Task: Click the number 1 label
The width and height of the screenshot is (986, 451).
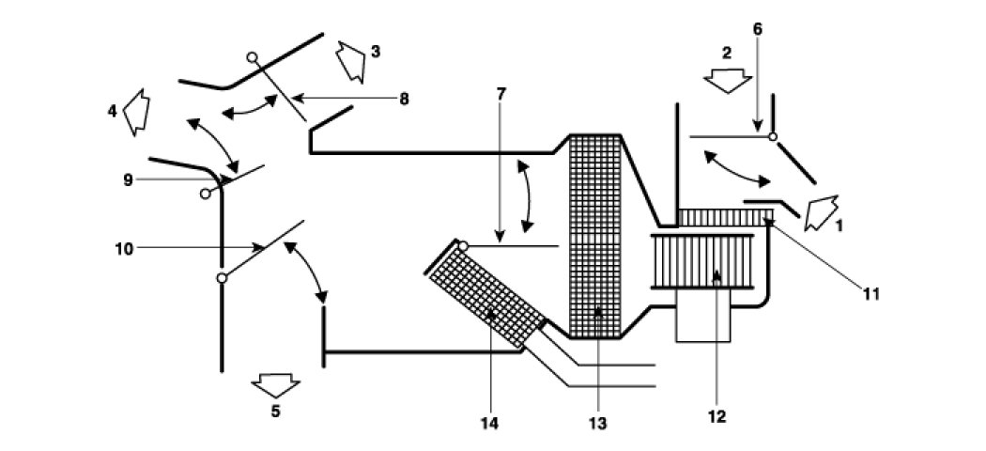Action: pyautogui.click(x=840, y=226)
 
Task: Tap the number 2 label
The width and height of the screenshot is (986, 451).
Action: pyautogui.click(x=726, y=54)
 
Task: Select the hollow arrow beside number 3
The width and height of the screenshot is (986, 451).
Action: pyautogui.click(x=349, y=61)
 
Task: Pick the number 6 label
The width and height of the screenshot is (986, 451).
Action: pyautogui.click(x=758, y=28)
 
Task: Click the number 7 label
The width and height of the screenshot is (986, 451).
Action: pyautogui.click(x=501, y=95)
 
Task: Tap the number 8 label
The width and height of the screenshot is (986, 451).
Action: pyautogui.click(x=404, y=98)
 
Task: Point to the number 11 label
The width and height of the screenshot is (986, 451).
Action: pyautogui.click(x=870, y=294)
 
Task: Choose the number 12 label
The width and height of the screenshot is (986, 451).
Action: pyautogui.click(x=718, y=413)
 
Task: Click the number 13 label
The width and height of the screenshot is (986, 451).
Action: pyautogui.click(x=597, y=424)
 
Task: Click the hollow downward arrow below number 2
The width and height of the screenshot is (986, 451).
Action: pyautogui.click(x=727, y=83)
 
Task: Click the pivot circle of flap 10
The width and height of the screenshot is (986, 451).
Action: pyautogui.click(x=222, y=278)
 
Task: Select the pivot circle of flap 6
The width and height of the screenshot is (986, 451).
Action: pyautogui.click(x=772, y=137)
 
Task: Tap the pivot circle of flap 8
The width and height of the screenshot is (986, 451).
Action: pyautogui.click(x=252, y=57)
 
